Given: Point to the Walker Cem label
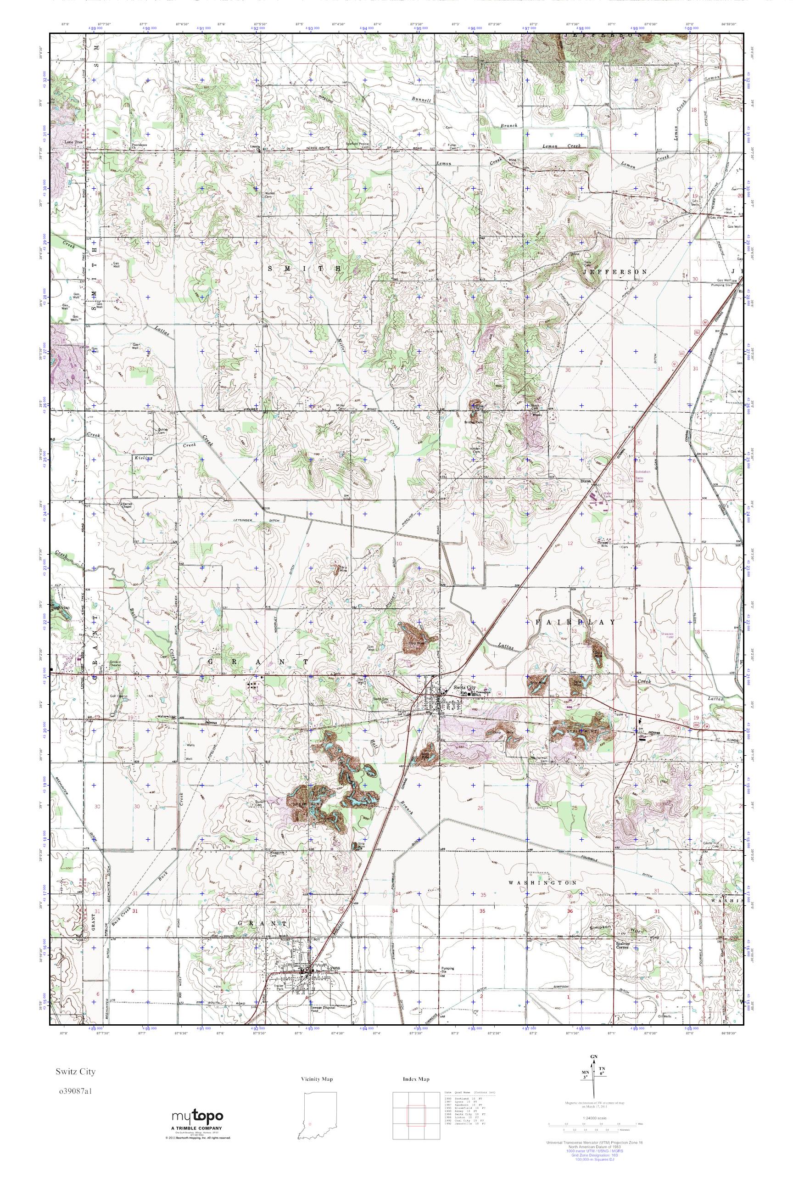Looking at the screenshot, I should pyautogui.click(x=266, y=194).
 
